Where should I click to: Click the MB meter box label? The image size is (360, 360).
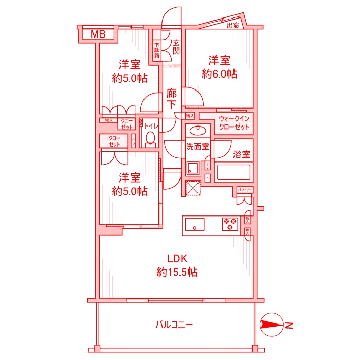tap(98, 34)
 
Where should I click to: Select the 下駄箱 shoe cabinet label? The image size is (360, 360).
tap(157, 49)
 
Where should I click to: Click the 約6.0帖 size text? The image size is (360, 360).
tap(219, 74)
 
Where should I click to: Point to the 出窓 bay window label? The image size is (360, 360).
tap(232, 25)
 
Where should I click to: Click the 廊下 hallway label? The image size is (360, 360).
tap(172, 99)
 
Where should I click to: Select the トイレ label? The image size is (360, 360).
tap(151, 125)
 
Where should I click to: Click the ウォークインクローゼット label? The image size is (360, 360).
tap(233, 123)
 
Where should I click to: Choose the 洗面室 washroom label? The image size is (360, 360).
tap(197, 146)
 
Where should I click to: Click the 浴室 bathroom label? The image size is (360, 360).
tap(242, 154)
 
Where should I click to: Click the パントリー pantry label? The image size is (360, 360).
tap(245, 190)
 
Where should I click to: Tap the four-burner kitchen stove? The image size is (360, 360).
tap(230, 224)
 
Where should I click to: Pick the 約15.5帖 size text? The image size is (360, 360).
tap(177, 272)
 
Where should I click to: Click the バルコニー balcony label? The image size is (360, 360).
tap(174, 325)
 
